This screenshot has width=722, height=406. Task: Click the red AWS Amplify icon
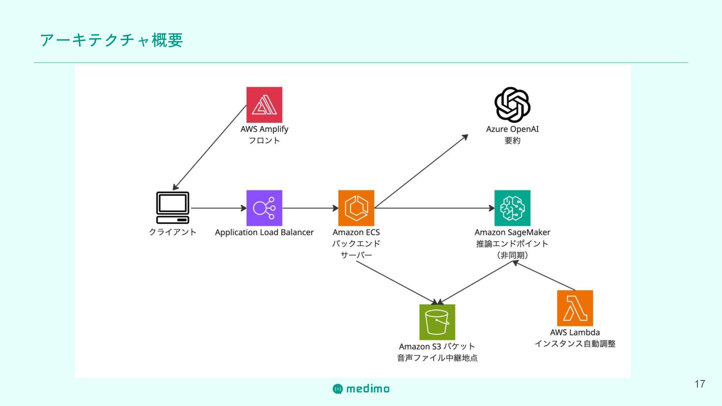264,105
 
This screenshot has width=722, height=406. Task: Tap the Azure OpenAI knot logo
512,105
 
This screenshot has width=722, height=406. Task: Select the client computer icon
173,208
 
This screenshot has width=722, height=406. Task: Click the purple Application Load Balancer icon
264,208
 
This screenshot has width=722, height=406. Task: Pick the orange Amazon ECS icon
356,208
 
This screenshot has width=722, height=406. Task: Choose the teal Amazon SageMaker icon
512,208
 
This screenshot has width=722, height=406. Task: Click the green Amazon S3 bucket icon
437,322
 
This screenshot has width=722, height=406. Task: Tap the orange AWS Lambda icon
575,308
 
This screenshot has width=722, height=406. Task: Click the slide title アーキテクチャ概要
111,40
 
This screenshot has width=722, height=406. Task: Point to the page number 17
700,384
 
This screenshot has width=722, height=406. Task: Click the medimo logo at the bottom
361,388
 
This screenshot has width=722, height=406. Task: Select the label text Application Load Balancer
264,233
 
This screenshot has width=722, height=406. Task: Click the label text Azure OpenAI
512,129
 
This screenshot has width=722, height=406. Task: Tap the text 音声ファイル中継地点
437,358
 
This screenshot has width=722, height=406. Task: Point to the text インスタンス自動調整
575,344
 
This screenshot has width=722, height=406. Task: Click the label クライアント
173,233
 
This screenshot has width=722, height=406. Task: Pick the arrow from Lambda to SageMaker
544,276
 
